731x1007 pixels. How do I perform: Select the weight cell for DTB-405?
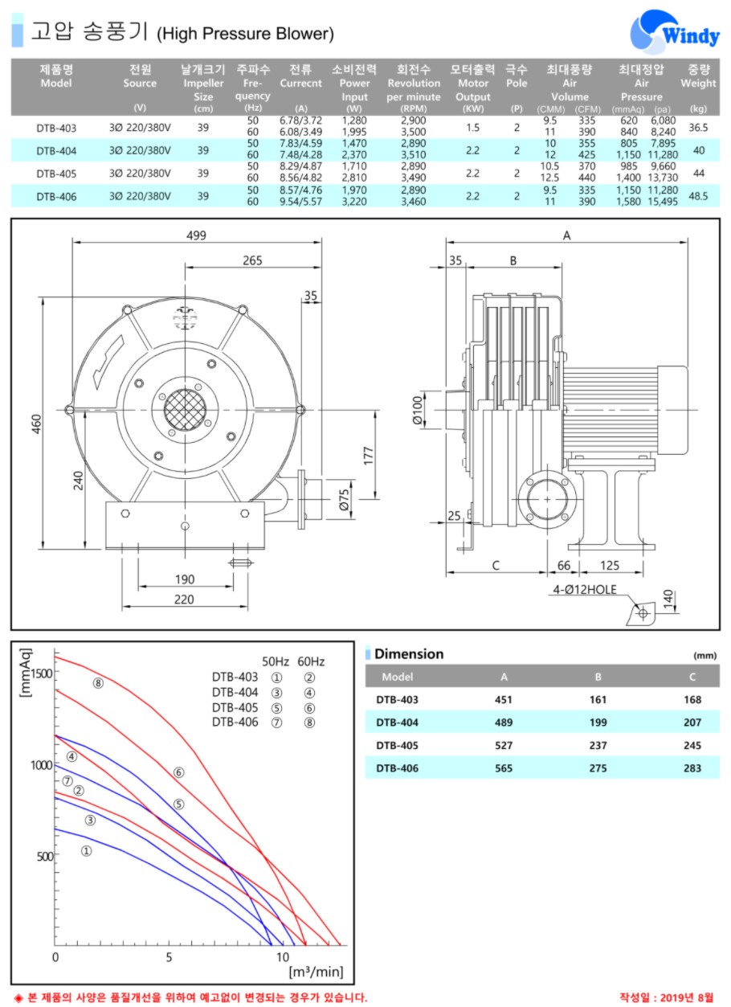699,173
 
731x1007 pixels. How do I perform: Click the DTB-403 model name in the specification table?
56,128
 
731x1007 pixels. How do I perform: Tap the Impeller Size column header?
203,89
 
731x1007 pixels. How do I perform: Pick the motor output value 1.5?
472,128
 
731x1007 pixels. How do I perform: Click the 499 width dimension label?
196,235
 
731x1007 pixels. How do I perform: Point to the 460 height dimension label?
36,424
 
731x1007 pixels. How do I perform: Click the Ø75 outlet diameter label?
344,499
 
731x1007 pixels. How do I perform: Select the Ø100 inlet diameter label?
418,410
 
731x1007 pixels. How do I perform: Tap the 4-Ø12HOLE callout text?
584,589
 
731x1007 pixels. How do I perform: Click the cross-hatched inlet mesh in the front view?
185,410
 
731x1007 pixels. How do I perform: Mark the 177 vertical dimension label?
368,456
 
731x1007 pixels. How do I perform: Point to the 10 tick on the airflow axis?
283,957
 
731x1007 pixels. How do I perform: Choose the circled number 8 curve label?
98,683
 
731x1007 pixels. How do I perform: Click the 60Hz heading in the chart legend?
311,661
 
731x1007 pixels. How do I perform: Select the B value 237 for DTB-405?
598,745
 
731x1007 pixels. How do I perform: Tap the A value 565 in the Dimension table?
504,768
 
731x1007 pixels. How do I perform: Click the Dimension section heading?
409,654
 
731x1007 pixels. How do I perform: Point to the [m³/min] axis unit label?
316,972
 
